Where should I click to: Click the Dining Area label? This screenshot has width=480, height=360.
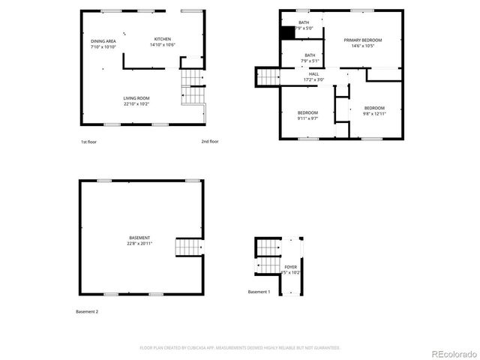(103, 41)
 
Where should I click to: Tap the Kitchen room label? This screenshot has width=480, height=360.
(163, 39)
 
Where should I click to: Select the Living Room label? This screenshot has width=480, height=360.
(136, 98)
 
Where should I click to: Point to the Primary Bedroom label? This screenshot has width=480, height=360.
(363, 40)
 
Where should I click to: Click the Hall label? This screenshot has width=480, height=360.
(313, 74)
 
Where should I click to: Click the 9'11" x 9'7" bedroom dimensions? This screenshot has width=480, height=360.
(308, 118)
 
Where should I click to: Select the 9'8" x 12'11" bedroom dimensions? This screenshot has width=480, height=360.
(373, 113)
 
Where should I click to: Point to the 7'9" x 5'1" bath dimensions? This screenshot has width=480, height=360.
(310, 61)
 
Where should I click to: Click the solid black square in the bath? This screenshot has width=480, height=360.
(287, 33)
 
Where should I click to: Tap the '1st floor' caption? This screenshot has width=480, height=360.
(89, 141)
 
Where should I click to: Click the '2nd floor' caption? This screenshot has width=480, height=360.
(209, 141)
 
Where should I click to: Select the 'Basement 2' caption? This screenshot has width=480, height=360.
(87, 311)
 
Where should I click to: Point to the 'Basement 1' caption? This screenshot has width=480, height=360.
(259, 292)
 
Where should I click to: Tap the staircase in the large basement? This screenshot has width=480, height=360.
(189, 247)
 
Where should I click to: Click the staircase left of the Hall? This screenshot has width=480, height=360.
(268, 76)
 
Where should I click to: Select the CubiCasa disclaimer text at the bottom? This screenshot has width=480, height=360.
(240, 347)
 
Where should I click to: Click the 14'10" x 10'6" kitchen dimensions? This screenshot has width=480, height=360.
(163, 45)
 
